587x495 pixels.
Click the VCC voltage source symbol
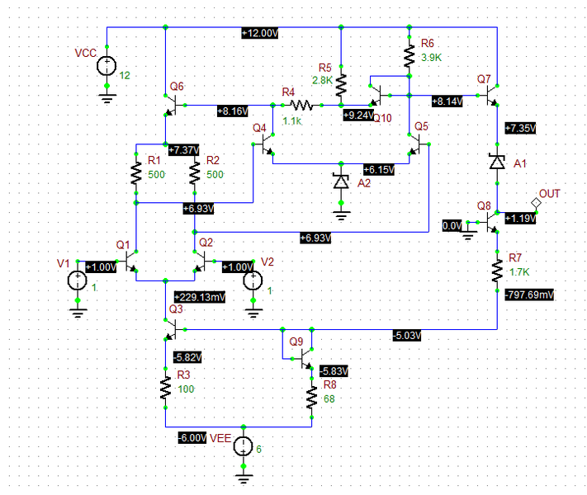pyautogui.click(x=107, y=64)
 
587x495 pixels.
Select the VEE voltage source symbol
pyautogui.click(x=244, y=447)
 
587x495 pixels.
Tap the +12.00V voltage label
pyautogui.click(x=260, y=32)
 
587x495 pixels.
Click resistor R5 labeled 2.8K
pyautogui.click(x=342, y=83)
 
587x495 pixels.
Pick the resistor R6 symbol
pyautogui.click(x=409, y=54)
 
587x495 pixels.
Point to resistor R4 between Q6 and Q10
pyautogui.click(x=300, y=105)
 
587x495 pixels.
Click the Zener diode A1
pyautogui.click(x=497, y=162)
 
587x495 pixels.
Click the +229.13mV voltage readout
pyautogui.click(x=199, y=296)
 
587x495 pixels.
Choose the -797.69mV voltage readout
pyautogui.click(x=529, y=294)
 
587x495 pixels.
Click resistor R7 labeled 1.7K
pyautogui.click(x=497, y=270)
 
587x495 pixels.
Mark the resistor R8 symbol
pyautogui.click(x=312, y=399)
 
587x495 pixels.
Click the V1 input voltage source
pyautogui.click(x=77, y=280)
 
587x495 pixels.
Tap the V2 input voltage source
pyautogui.click(x=251, y=280)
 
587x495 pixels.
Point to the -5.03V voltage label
pyautogui.click(x=407, y=334)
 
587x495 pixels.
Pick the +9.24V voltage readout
pyautogui.click(x=358, y=116)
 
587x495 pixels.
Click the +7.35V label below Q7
pyautogui.click(x=521, y=128)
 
